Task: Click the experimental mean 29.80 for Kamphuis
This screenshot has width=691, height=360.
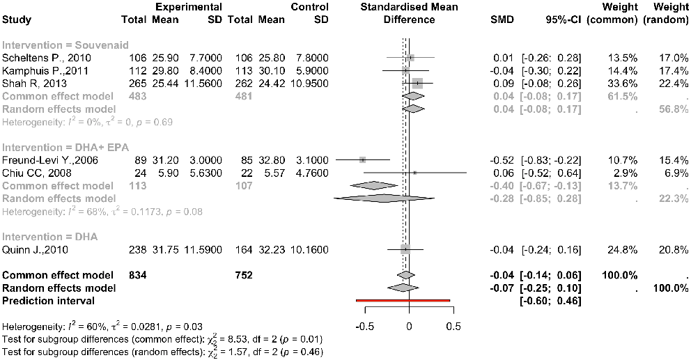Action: click(x=165, y=70)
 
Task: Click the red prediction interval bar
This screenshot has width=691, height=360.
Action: click(x=403, y=301)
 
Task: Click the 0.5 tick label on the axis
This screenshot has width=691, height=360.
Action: click(x=453, y=326)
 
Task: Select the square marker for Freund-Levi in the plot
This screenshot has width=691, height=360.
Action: click(x=362, y=159)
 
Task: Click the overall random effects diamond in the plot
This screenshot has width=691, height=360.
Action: click(x=403, y=288)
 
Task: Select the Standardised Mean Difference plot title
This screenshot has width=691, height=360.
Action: click(x=409, y=13)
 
